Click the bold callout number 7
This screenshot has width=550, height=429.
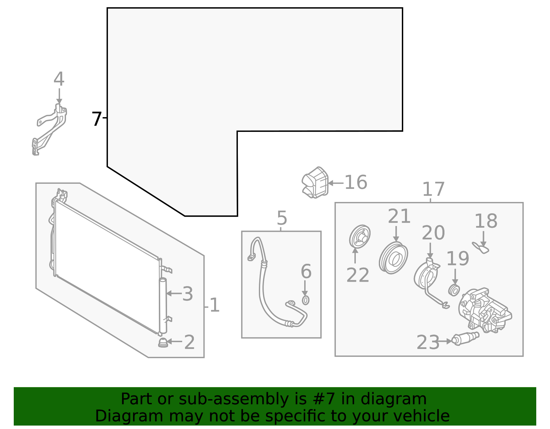coord(97,119)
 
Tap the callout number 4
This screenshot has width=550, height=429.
coord(59,79)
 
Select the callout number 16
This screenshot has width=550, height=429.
coord(356,182)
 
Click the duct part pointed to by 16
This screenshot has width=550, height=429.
coord(315,183)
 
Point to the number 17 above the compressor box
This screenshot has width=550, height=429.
coord(433,189)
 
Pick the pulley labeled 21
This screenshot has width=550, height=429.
coord(394,258)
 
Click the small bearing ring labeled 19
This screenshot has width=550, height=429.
coord(454,290)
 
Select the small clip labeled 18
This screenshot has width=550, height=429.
coord(481,248)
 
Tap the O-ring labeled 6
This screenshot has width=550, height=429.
coord(305,300)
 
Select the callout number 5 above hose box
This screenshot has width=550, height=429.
coord(282,218)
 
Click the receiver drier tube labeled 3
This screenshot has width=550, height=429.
coord(163,306)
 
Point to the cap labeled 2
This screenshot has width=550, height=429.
coord(163,342)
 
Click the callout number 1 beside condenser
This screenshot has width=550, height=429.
coord(214,305)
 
